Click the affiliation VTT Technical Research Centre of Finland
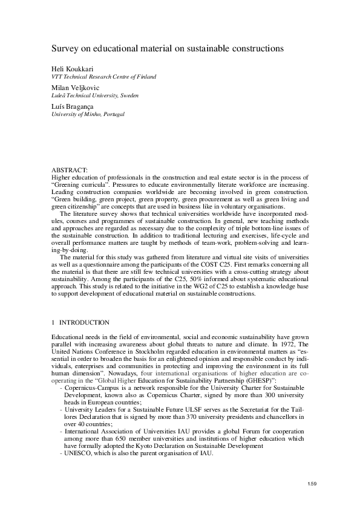pos(103,77)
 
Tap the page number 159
pos(312,484)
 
